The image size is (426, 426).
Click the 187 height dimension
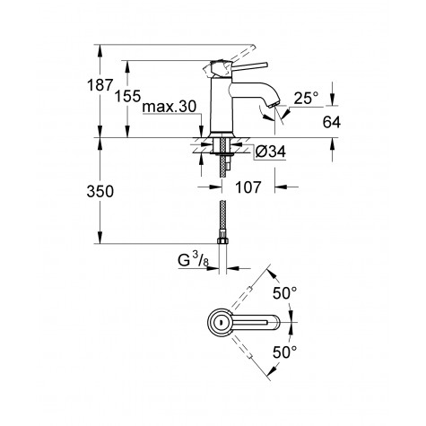[x=102, y=87]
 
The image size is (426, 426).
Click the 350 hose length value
[x=102, y=191]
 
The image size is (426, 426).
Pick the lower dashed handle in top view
[x=250, y=353]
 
